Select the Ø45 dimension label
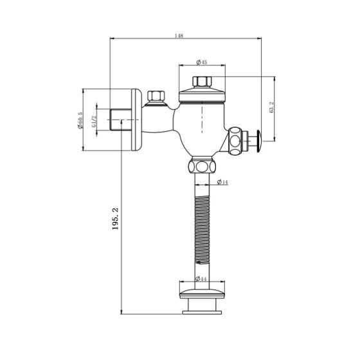[201, 63]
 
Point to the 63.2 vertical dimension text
[272, 108]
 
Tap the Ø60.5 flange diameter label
[81, 120]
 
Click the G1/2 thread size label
[94, 120]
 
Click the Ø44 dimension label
[201, 279]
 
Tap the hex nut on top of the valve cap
[201, 82]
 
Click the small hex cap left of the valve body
[154, 98]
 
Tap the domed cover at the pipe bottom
[201, 291]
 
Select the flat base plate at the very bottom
[201, 312]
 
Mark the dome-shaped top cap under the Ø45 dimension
[201, 95]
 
